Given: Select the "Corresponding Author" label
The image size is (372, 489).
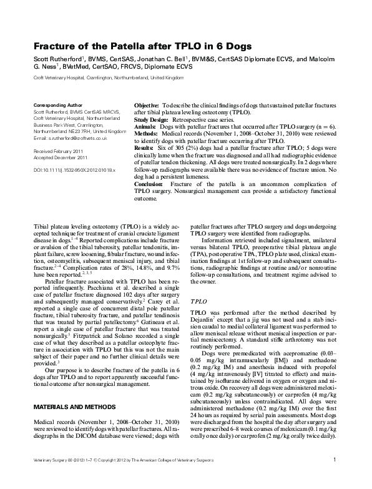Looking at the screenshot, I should click(x=57, y=105).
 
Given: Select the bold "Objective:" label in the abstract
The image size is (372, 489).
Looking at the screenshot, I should click(x=147, y=106).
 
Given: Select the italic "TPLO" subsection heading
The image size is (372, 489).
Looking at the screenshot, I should click(x=198, y=300).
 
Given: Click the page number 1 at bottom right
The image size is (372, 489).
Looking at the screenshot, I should click(x=335, y=478).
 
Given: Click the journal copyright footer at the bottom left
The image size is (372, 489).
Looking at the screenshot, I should click(x=116, y=478).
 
